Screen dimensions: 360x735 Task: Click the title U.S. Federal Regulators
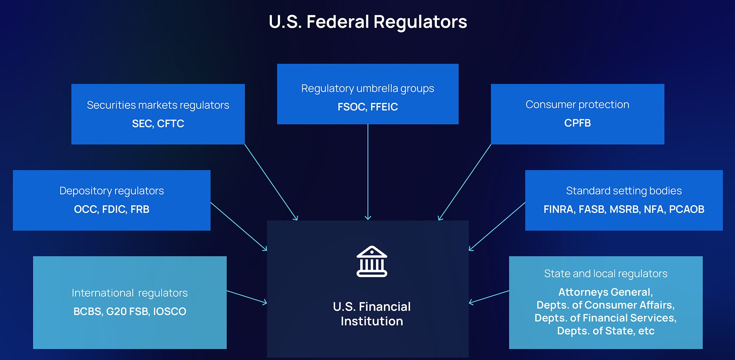pyautogui.click(x=367, y=22)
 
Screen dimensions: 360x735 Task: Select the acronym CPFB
pyautogui.click(x=577, y=123)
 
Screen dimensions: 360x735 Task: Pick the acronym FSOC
pyautogui.click(x=351, y=107)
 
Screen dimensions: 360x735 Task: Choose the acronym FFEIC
pyautogui.click(x=384, y=107)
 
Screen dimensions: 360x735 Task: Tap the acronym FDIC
pyautogui.click(x=114, y=210)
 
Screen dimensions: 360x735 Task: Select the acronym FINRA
pyautogui.click(x=559, y=210)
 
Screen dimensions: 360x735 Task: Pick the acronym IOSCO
pyautogui.click(x=169, y=312)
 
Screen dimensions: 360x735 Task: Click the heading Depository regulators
pyautogui.click(x=111, y=191)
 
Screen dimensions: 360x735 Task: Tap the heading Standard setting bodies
pyautogui.click(x=624, y=191)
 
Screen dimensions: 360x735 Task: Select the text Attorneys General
pyautogui.click(x=605, y=292)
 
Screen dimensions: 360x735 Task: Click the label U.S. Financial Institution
pyautogui.click(x=372, y=314)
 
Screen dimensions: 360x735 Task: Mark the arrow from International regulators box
pyautogui.click(x=246, y=296)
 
